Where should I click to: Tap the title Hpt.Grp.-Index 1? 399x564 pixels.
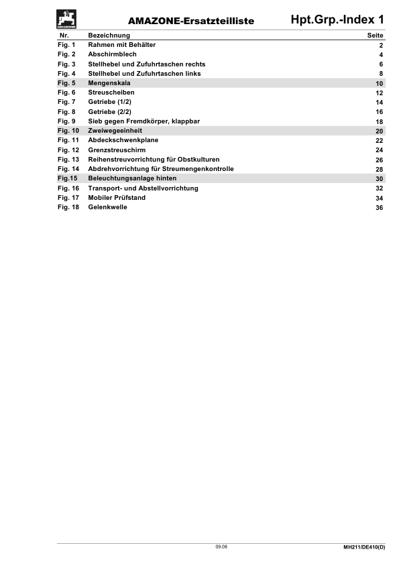tap(338, 20)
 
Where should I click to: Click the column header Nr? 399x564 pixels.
tap(64, 34)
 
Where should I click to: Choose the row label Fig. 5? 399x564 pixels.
tap(66, 82)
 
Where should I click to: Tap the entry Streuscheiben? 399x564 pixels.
tap(111, 92)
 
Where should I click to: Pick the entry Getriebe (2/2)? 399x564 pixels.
tap(109, 111)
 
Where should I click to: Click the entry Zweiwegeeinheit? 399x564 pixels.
tap(115, 130)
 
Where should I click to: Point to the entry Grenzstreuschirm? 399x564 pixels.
tap(117, 150)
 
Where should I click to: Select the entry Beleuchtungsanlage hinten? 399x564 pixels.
tap(132, 178)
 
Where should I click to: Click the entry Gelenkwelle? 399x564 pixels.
tap(107, 207)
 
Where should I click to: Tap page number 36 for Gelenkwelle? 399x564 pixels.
tap(379, 208)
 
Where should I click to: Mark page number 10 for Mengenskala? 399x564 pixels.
tap(379, 83)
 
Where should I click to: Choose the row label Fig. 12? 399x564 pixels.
tap(68, 150)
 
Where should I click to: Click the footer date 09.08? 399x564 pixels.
tap(221, 548)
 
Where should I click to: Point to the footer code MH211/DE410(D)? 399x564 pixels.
tap(359, 549)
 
